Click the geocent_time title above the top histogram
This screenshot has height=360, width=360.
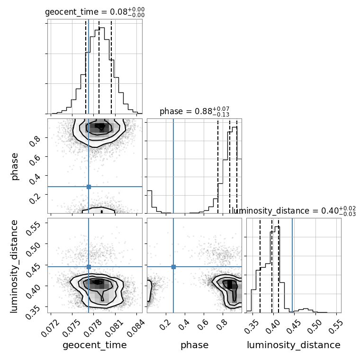(95, 12)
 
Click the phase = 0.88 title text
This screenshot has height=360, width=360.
(195, 111)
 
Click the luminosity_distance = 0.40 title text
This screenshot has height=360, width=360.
(294, 211)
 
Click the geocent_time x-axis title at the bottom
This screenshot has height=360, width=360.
(95, 345)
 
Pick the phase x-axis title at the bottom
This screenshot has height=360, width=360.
(195, 345)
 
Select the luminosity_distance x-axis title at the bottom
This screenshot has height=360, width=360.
(294, 345)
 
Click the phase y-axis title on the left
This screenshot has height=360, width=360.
(14, 167)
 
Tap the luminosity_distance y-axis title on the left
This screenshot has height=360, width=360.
(14, 266)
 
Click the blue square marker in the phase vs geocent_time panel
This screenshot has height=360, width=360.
(89, 187)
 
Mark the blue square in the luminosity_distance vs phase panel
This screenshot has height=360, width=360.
(173, 267)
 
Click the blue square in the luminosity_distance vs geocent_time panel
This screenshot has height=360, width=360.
(89, 267)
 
